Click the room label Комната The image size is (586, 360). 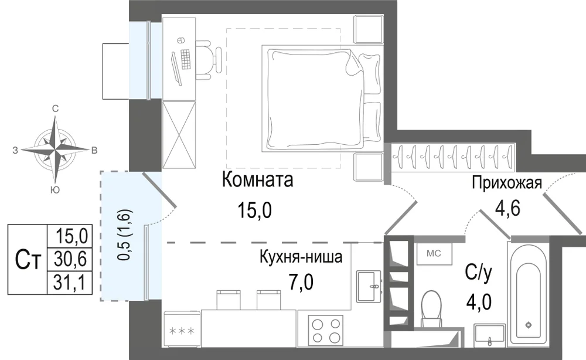coord(257,180)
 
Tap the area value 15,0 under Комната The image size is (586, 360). coord(254,210)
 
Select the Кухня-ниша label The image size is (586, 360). coord(301,257)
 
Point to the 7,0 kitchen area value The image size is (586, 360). coord(301,282)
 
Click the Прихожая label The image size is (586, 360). coord(507,183)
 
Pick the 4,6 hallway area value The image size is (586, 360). coord(507,208)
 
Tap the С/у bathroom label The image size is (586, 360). coord(479,273)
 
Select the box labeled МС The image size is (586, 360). coord(434,253)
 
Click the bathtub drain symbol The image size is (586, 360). coord(528,324)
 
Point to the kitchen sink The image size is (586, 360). coord(369,286)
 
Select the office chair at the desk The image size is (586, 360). coord(209,60)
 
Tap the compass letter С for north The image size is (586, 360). coord(55,109)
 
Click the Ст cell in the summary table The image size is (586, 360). coord(28,259)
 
